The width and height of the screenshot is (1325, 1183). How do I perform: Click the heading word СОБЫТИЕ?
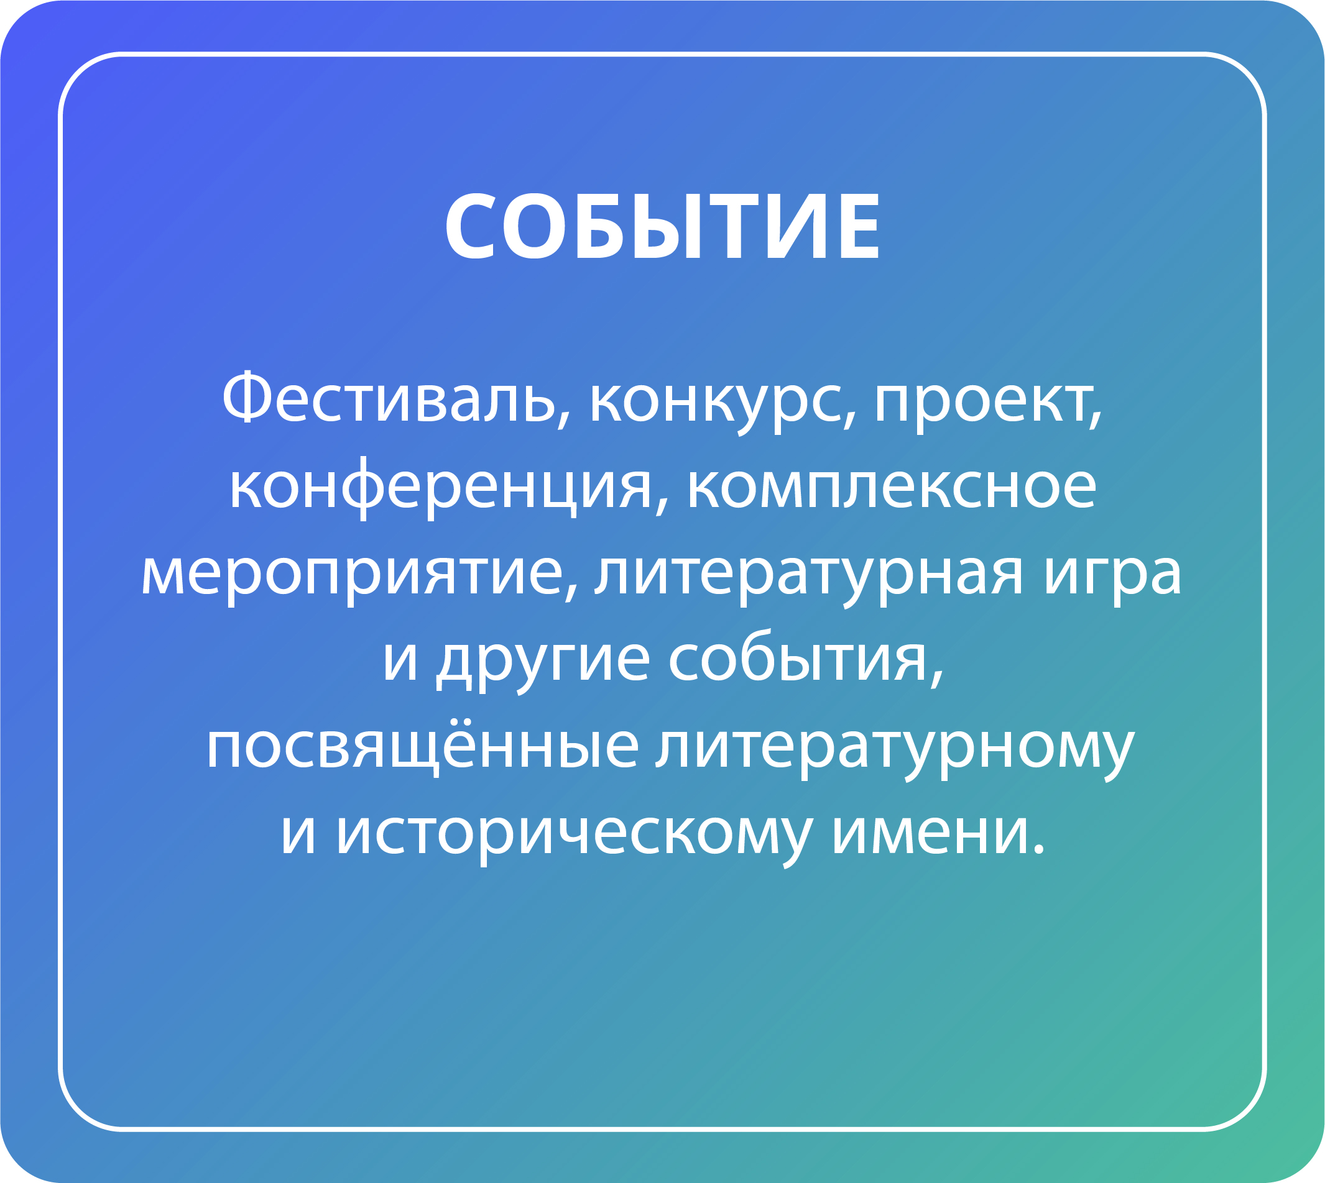coord(662,227)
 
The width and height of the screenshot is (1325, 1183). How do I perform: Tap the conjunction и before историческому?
coord(298,834)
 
